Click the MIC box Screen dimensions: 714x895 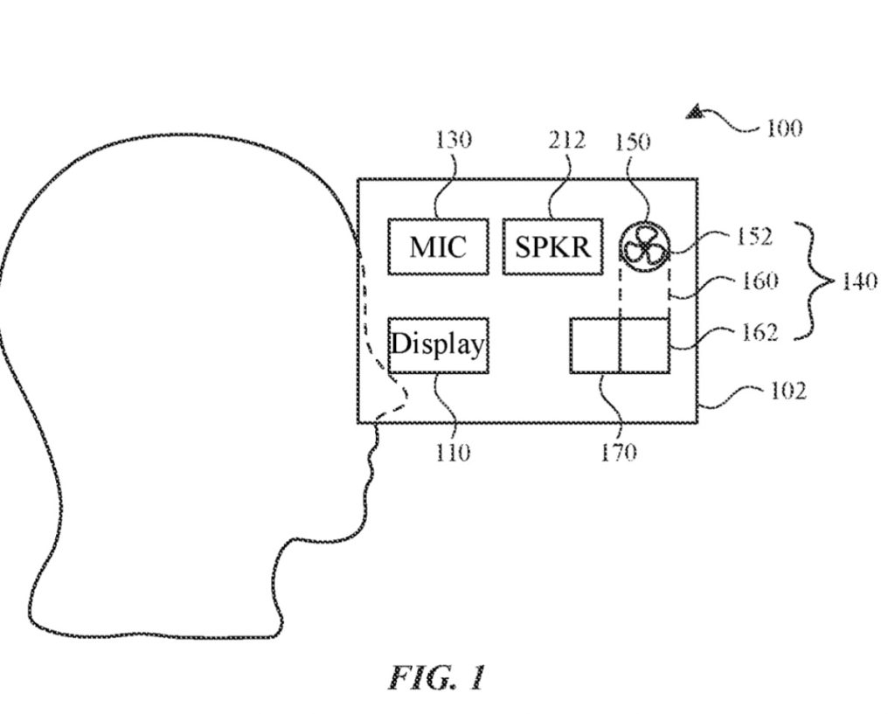pos(438,247)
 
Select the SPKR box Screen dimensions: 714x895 pos(553,247)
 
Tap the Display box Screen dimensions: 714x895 pos(438,345)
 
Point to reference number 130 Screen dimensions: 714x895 pos(453,140)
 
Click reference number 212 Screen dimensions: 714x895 pos(567,140)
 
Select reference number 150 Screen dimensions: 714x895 pos(633,142)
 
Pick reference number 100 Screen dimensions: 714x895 pos(783,129)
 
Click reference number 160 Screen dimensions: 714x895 pos(760,281)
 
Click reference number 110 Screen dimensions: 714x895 pos(453,453)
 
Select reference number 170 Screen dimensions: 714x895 pos(618,453)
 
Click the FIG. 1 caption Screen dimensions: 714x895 pos(437,678)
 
